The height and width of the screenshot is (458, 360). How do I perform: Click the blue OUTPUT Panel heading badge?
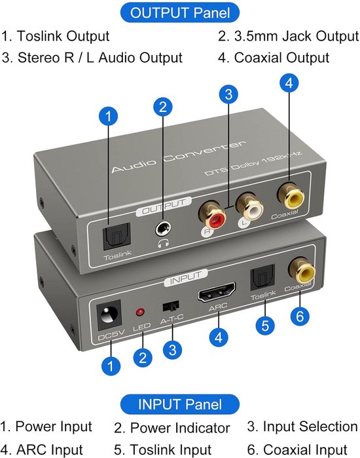point(180,13)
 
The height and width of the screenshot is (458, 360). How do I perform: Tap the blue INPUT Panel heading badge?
point(180,404)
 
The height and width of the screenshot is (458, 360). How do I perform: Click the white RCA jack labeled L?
point(249,208)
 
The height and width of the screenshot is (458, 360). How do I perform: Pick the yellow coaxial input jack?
point(302,270)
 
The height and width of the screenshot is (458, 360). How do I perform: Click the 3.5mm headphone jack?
point(163,229)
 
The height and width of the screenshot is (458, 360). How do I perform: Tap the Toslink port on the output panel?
point(117,236)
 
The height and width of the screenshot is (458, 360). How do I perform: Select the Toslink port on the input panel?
point(262,277)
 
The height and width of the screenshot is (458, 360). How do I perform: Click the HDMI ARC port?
point(217,292)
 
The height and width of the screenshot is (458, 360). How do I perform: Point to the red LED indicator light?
point(140,313)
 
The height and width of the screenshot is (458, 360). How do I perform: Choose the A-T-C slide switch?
point(171,306)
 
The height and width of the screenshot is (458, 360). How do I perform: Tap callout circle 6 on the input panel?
point(300,316)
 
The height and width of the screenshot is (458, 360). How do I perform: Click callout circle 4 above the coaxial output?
point(289,83)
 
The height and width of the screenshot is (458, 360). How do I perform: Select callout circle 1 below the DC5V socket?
point(111,366)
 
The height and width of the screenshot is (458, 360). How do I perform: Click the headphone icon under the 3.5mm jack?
point(163,242)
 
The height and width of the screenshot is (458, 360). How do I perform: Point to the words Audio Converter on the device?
point(179,157)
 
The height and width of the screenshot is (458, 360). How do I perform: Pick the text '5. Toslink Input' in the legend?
point(162,449)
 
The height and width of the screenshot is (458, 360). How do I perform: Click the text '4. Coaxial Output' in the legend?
point(274,58)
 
